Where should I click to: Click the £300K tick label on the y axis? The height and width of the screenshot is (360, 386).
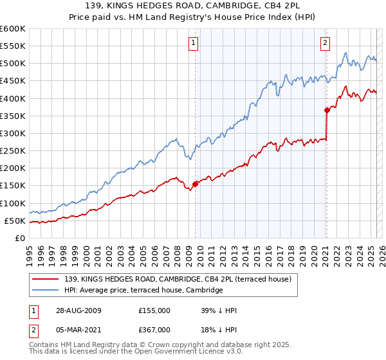12,133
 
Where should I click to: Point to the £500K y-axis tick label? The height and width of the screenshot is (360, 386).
12,63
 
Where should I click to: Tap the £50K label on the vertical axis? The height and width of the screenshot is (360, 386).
14,221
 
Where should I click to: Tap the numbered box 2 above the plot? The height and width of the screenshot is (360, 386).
326,43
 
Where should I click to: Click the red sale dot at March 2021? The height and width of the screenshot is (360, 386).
327,110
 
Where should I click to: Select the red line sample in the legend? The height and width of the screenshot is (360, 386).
46,279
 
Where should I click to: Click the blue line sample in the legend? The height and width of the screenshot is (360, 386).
46,291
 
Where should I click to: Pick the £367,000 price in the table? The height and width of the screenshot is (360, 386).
154,330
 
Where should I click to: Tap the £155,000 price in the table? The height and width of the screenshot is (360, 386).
154,310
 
